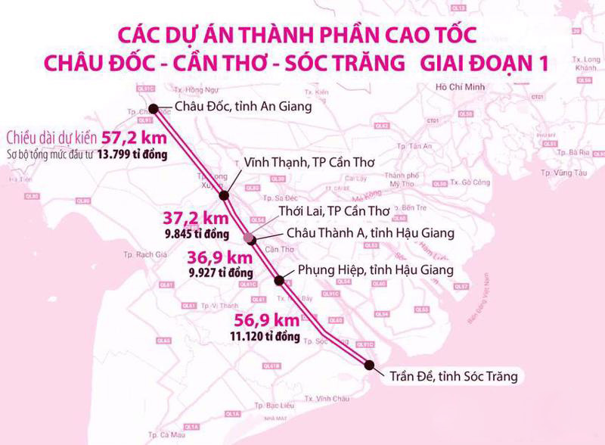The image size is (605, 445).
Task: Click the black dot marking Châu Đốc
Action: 154,107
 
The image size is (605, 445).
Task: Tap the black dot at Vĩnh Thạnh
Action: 225,196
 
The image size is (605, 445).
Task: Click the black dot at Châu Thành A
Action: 252,240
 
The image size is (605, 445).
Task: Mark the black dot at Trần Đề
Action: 368,365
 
